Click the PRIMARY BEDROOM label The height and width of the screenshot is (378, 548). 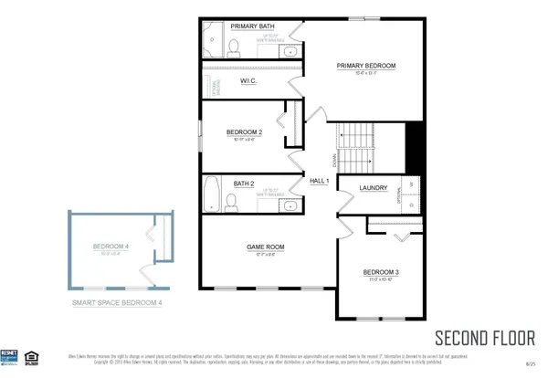365,66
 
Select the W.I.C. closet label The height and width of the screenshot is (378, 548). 248,81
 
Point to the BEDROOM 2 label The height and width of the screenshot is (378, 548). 244,132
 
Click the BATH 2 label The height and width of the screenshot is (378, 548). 243,184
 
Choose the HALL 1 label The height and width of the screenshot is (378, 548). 319,182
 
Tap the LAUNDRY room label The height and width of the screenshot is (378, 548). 374,188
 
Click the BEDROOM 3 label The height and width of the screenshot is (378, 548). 381,272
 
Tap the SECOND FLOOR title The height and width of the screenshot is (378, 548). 484,338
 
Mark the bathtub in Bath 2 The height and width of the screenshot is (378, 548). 211,194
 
